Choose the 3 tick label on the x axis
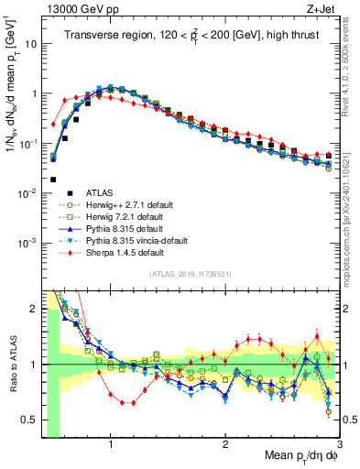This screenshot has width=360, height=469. click(x=338, y=442)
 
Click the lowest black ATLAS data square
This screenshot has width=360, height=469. click(x=54, y=180)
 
